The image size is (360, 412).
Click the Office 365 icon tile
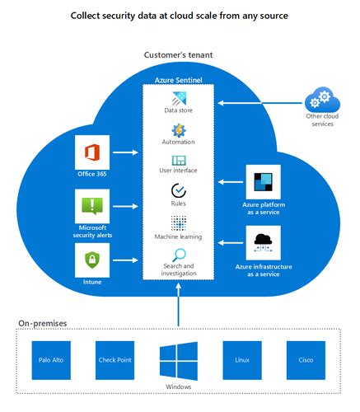(92, 152)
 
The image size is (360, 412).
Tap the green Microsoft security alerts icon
(92, 205)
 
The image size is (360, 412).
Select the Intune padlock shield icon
(92, 262)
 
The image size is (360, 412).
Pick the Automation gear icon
(179, 131)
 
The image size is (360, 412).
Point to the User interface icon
(179, 161)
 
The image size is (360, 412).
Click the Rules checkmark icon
(179, 191)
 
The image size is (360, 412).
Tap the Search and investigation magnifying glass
(179, 255)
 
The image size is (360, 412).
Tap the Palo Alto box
(50, 359)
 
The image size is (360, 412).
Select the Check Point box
(115, 359)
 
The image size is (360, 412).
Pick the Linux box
(242, 359)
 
